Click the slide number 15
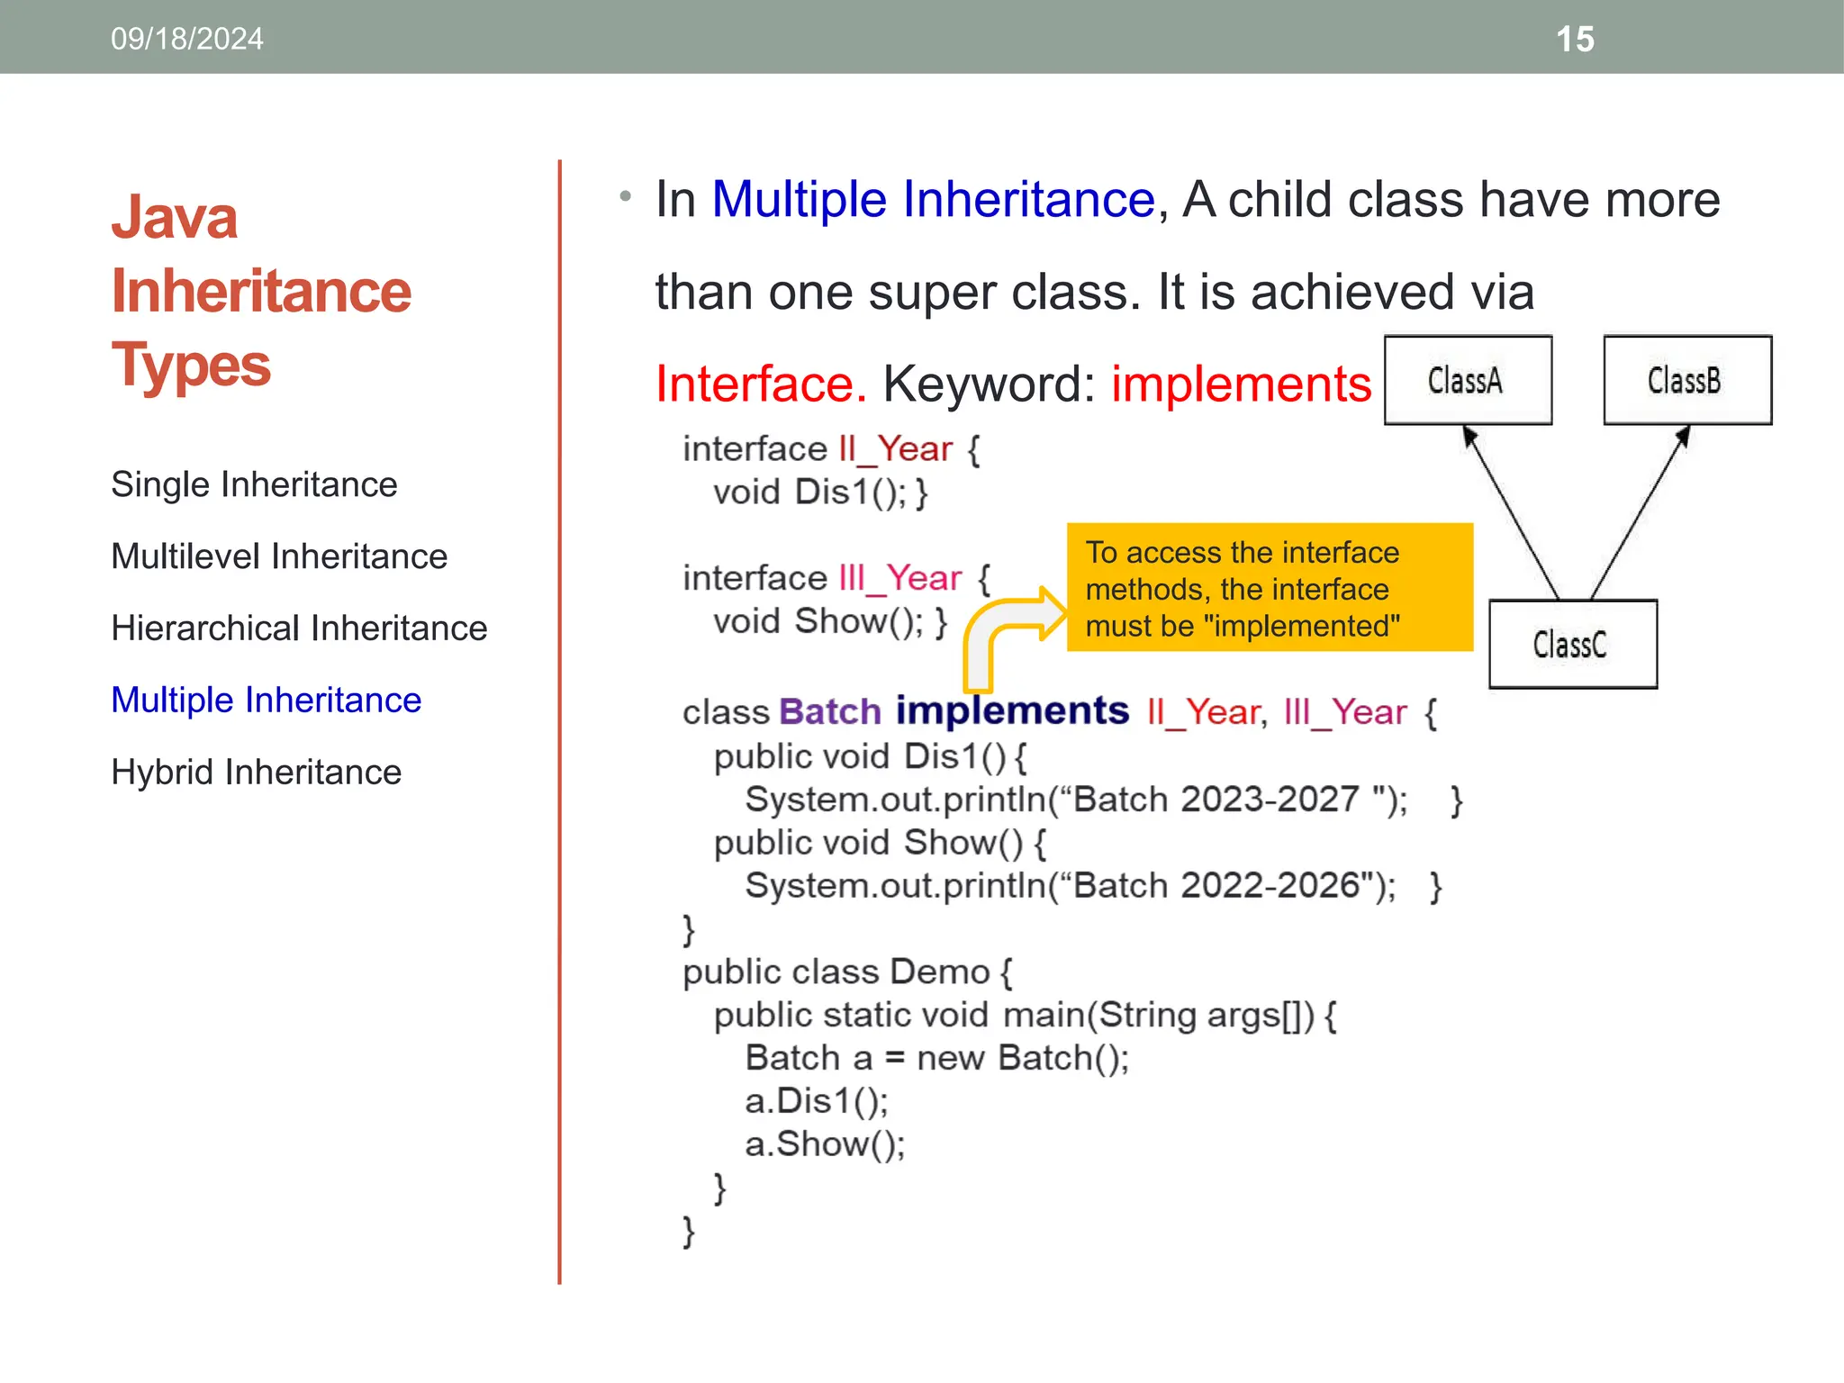(x=1575, y=40)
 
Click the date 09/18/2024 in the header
(x=187, y=40)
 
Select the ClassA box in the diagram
(x=1468, y=380)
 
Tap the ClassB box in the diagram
(x=1686, y=380)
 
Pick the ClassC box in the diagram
(x=1572, y=645)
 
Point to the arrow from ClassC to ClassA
(x=1513, y=513)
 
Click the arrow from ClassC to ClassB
(x=1639, y=513)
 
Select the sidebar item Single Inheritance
(x=254, y=484)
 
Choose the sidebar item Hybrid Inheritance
(x=256, y=773)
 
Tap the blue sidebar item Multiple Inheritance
(x=266, y=701)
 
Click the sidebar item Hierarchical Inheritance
(x=299, y=628)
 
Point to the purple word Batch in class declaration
(x=829, y=712)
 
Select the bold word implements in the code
(x=1012, y=711)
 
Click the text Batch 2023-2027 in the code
(x=1216, y=800)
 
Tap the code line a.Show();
(x=825, y=1144)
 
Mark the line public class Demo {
(x=846, y=972)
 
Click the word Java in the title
(x=175, y=218)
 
